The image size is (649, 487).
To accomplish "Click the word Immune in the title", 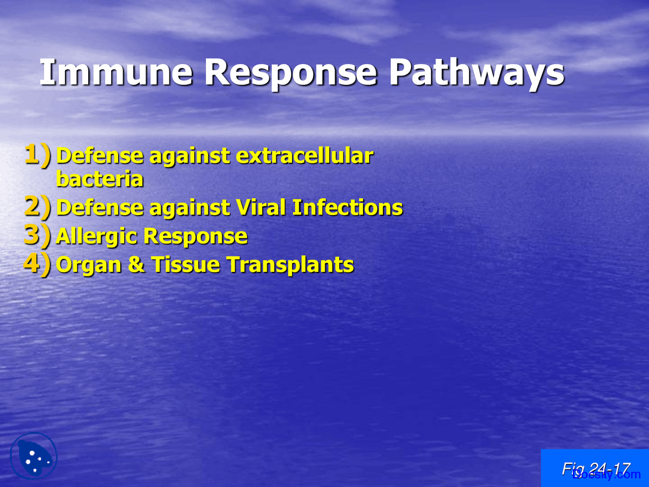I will (116, 72).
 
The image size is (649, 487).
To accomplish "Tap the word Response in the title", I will (290, 72).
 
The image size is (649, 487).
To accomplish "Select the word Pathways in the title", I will (476, 72).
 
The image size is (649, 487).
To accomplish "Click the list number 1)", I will (38, 155).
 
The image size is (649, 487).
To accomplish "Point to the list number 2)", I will (38, 207).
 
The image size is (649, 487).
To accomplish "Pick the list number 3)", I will (38, 235).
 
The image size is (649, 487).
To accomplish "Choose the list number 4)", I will (38, 264).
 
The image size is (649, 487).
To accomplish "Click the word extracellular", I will (304, 156).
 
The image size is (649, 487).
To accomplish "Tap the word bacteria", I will (100, 179).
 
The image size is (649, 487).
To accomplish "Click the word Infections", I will (347, 207).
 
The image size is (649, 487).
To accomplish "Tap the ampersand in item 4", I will (136, 265).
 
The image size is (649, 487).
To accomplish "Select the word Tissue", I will (185, 265).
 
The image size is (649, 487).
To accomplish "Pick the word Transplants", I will (290, 265).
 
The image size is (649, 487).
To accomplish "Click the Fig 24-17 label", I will (595, 468).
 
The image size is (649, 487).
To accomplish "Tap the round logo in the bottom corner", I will (33, 456).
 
